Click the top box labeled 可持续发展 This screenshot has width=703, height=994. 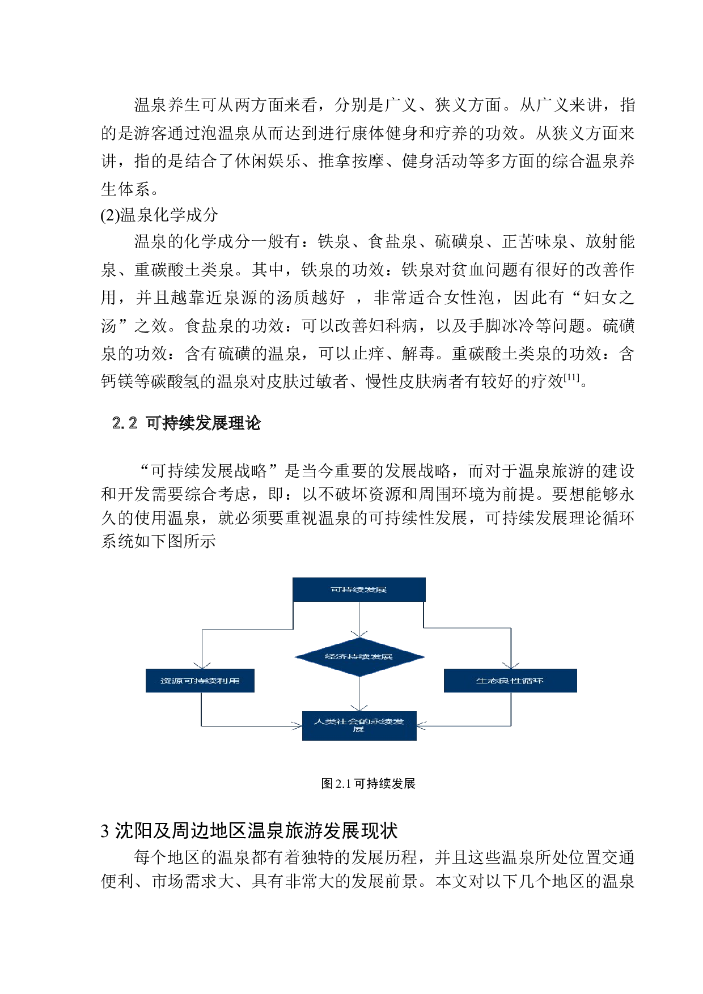click(x=358, y=589)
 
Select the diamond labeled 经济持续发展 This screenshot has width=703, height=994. click(x=359, y=657)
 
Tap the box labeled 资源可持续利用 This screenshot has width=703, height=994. click(x=200, y=681)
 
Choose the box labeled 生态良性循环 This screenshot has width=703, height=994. click(x=510, y=681)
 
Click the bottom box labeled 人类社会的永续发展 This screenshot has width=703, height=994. click(x=359, y=725)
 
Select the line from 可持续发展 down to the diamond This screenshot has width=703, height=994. click(x=359, y=618)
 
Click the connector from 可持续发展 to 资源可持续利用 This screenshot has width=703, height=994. click(x=247, y=629)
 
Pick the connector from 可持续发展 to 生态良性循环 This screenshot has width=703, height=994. click(x=468, y=628)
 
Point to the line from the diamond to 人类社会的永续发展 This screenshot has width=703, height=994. click(x=359, y=693)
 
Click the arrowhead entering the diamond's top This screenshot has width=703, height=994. click(x=359, y=634)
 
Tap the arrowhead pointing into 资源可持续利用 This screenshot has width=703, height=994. click(x=202, y=665)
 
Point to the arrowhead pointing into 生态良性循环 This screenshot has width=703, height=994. click(x=511, y=665)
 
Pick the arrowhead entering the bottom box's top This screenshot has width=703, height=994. click(x=359, y=708)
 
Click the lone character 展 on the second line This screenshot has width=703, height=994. click(x=358, y=730)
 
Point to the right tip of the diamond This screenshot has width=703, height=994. click(x=424, y=657)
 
